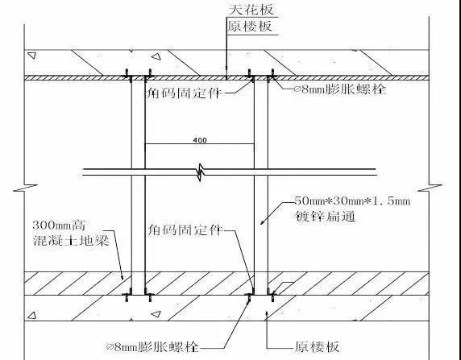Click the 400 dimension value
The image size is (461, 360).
click(x=200, y=140)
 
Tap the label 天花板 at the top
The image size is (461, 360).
click(x=251, y=9)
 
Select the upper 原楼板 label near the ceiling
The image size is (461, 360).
click(x=250, y=26)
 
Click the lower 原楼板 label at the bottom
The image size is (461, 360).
click(x=317, y=347)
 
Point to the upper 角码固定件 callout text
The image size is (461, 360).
click(x=184, y=93)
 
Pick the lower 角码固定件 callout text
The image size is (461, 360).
click(x=185, y=230)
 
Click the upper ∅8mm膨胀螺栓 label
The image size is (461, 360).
click(x=339, y=89)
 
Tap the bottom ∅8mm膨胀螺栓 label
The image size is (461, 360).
click(x=152, y=347)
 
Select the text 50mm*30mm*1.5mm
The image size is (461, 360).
click(x=352, y=201)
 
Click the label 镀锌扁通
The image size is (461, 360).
click(x=326, y=217)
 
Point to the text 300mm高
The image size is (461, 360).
click(x=59, y=226)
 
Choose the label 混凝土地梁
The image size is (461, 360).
click(x=71, y=241)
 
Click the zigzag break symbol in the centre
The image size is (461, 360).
click(x=201, y=172)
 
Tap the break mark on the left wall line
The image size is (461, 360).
click(x=25, y=188)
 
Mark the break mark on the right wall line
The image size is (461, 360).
click(x=430, y=188)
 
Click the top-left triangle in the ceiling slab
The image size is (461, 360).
click(x=31, y=56)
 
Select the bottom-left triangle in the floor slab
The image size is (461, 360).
click(x=31, y=316)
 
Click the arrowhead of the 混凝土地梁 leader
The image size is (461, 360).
click(x=122, y=276)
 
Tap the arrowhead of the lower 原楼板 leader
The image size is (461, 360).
click(x=267, y=314)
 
